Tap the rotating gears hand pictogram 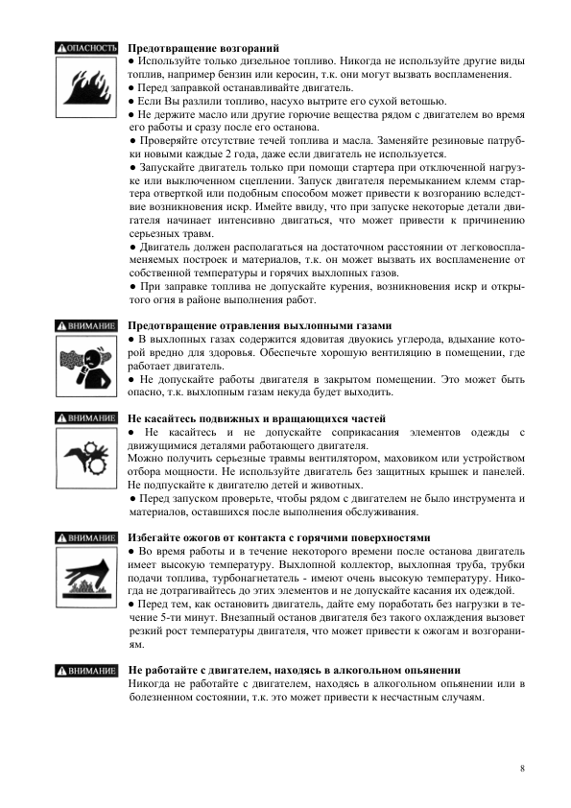coord(86,457)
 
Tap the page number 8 coord(522,768)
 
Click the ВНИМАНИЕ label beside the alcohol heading coord(86,670)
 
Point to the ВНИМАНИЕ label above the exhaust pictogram coord(86,325)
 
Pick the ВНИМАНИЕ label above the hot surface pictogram coord(86,537)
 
